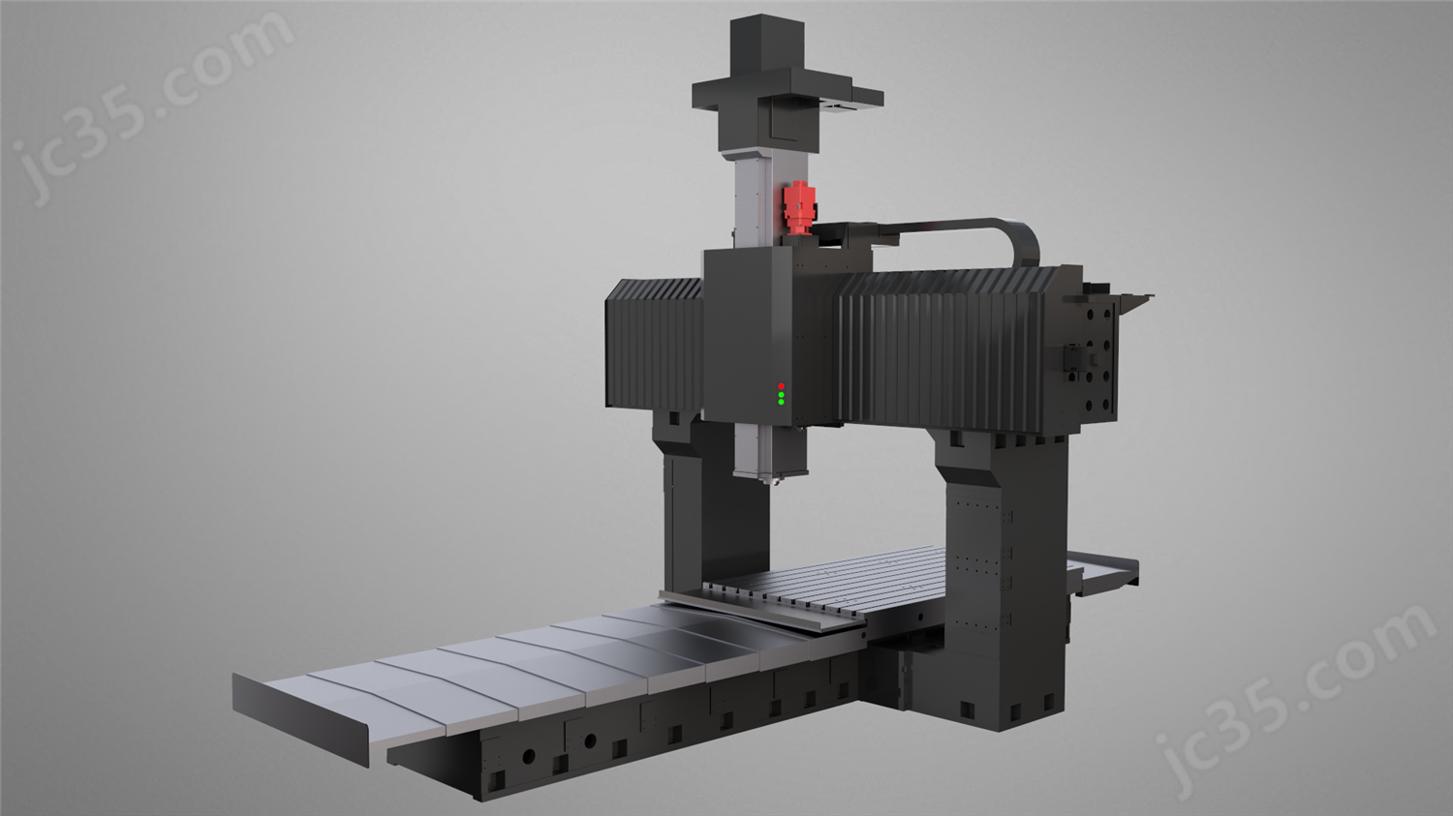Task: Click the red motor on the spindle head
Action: point(798,206)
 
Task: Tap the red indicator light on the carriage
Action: point(781,386)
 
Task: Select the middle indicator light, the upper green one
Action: point(781,395)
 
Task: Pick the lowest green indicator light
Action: point(781,403)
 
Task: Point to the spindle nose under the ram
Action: point(772,480)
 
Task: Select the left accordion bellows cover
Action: point(654,344)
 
